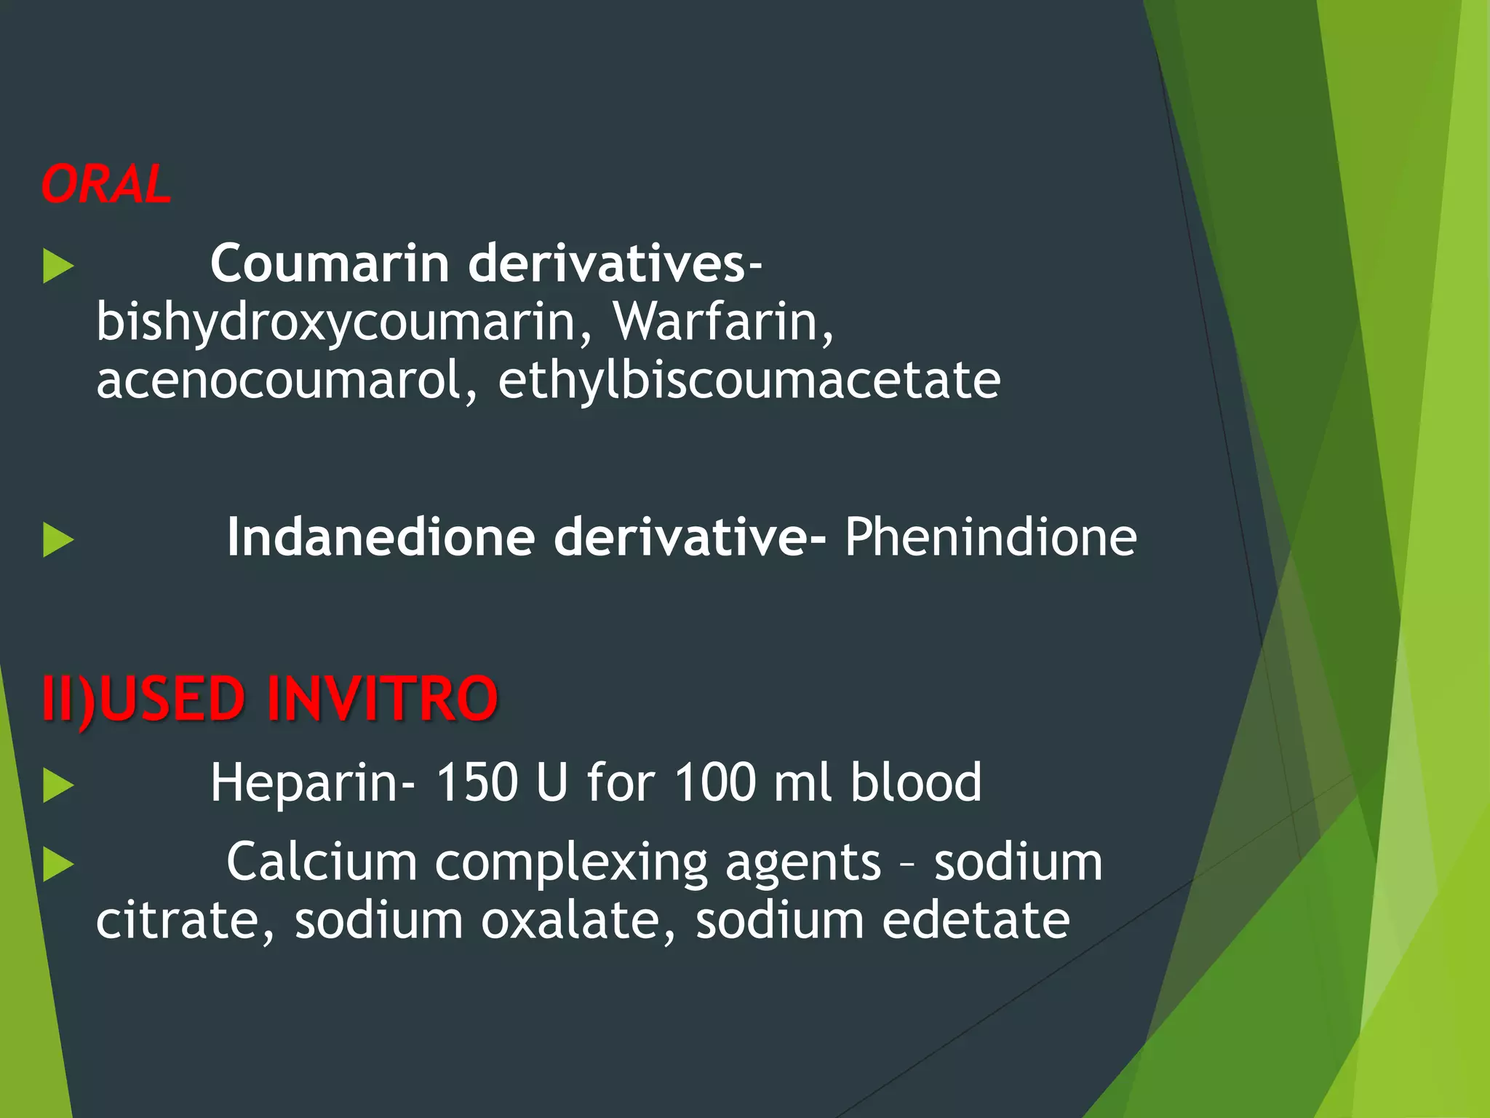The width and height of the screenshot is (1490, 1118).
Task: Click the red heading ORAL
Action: tap(106, 184)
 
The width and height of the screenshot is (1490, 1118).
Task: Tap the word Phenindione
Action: tap(991, 537)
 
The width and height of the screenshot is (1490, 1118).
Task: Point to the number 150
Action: tap(477, 783)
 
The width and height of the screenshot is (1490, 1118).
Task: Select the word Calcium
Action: tap(322, 863)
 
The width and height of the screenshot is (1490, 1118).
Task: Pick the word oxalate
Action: tap(570, 921)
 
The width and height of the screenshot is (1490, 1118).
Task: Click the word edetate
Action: tap(976, 921)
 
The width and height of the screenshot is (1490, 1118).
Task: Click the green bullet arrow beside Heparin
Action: tap(58, 786)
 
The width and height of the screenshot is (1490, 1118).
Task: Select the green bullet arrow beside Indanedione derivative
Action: tap(58, 540)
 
